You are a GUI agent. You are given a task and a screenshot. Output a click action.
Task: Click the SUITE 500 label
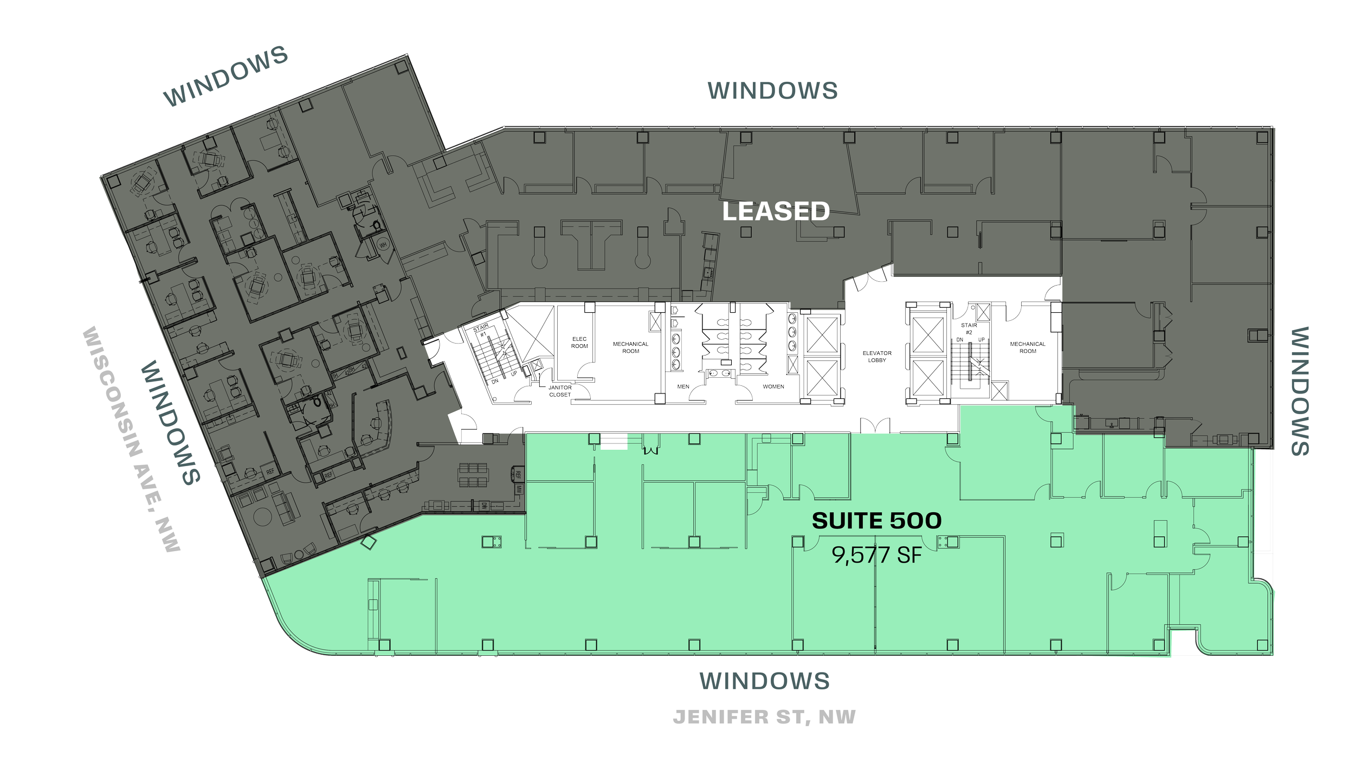pyautogui.click(x=876, y=521)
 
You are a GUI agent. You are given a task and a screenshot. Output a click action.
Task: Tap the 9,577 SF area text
pyautogui.click(x=876, y=555)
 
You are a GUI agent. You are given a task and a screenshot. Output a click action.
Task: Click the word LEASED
pyautogui.click(x=776, y=211)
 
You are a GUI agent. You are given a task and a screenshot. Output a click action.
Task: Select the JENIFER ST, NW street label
pyautogui.click(x=764, y=717)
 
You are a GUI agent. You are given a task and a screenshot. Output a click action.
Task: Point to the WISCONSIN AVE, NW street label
pyautogui.click(x=130, y=439)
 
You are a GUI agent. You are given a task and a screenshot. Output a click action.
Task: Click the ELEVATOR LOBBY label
pyautogui.click(x=877, y=357)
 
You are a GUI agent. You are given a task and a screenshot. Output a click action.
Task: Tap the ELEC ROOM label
pyautogui.click(x=579, y=343)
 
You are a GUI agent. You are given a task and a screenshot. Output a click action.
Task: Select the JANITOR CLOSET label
pyautogui.click(x=560, y=391)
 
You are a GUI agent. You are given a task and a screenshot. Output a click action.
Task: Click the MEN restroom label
pyautogui.click(x=683, y=387)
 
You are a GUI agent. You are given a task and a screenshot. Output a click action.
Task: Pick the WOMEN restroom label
pyautogui.click(x=773, y=387)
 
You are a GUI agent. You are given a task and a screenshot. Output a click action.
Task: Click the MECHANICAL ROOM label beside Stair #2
pyautogui.click(x=1028, y=347)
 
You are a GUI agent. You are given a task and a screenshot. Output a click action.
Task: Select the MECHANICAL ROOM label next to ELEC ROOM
pyautogui.click(x=631, y=347)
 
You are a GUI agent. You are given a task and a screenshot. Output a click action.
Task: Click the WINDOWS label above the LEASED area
pyautogui.click(x=773, y=91)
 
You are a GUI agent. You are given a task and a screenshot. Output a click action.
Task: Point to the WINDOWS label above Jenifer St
pyautogui.click(x=764, y=681)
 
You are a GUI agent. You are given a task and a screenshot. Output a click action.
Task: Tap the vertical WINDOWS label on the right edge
pyautogui.click(x=1300, y=391)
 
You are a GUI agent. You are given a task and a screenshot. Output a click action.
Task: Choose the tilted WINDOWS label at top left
pyautogui.click(x=225, y=76)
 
